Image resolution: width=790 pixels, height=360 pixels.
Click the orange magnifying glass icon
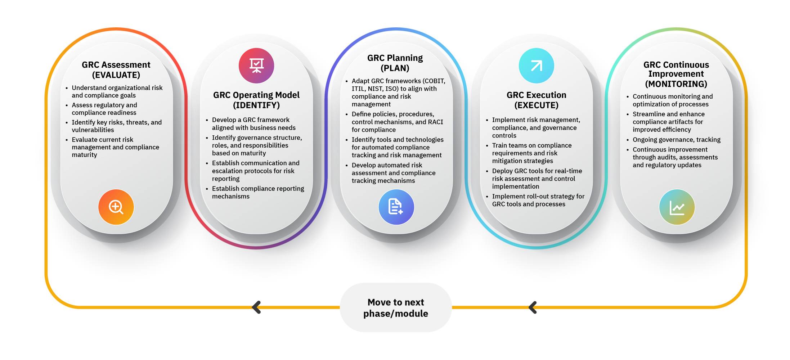click(x=116, y=207)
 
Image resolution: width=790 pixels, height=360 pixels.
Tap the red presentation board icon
click(x=256, y=66)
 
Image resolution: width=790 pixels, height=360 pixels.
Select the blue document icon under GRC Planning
click(x=396, y=207)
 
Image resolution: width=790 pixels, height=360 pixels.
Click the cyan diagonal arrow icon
click(x=537, y=66)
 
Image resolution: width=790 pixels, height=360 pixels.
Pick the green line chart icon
click(x=677, y=207)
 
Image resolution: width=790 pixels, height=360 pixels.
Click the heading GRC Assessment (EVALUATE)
click(x=116, y=70)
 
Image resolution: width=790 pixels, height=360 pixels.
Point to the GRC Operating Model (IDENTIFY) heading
click(x=256, y=100)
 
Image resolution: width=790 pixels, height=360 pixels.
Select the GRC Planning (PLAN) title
click(x=395, y=63)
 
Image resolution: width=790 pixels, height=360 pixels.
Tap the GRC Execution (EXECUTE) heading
click(x=537, y=100)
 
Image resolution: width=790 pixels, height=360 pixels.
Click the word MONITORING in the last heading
click(x=676, y=84)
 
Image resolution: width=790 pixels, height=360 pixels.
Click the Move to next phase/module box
click(x=396, y=307)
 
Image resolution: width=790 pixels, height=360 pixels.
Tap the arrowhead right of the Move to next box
click(x=533, y=307)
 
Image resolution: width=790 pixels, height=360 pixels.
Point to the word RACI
click(x=436, y=122)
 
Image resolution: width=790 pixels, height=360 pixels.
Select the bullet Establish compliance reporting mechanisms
click(x=255, y=192)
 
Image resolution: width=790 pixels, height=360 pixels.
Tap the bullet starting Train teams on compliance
click(x=529, y=153)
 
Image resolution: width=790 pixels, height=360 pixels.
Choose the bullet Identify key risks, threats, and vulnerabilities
click(x=114, y=126)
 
